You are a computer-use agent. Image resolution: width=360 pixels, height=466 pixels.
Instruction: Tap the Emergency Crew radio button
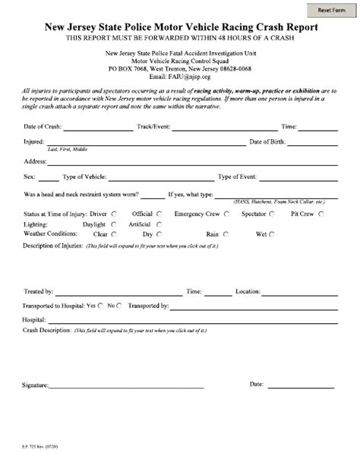coord(225,214)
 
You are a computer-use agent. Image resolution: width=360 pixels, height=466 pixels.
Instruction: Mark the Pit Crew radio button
coord(321,214)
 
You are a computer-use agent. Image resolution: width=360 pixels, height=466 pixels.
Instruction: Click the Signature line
coord(125,387)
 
